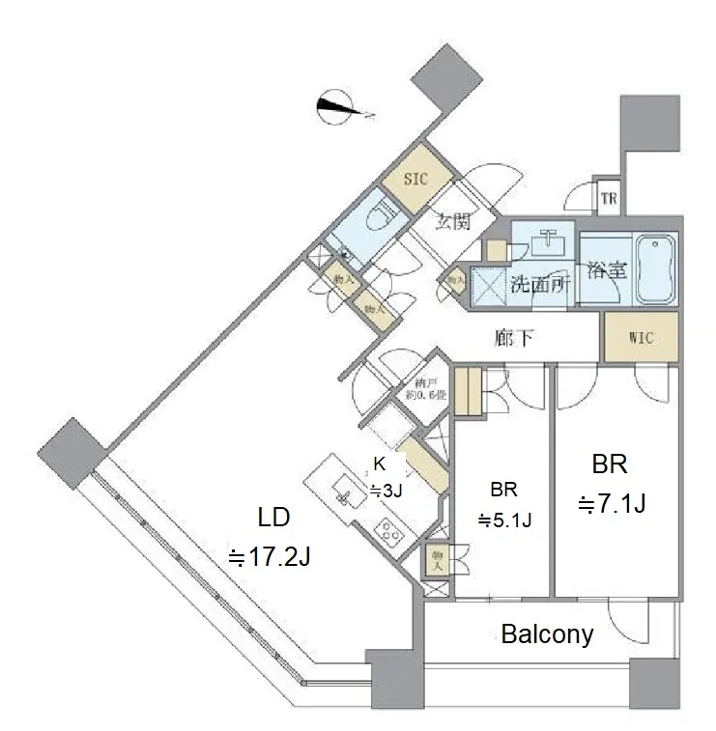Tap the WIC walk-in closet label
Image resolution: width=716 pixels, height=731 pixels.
click(641, 339)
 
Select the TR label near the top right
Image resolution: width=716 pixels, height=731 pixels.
click(608, 200)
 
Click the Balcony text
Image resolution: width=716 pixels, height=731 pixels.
click(547, 634)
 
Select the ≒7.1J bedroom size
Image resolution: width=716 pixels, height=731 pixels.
click(612, 504)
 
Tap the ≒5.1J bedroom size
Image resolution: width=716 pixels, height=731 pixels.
click(505, 520)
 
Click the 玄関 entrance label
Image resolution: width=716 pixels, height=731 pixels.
click(451, 223)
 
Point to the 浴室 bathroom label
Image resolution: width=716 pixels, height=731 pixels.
click(605, 271)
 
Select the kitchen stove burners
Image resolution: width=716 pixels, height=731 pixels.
click(390, 530)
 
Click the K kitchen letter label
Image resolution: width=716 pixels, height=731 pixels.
click(380, 464)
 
